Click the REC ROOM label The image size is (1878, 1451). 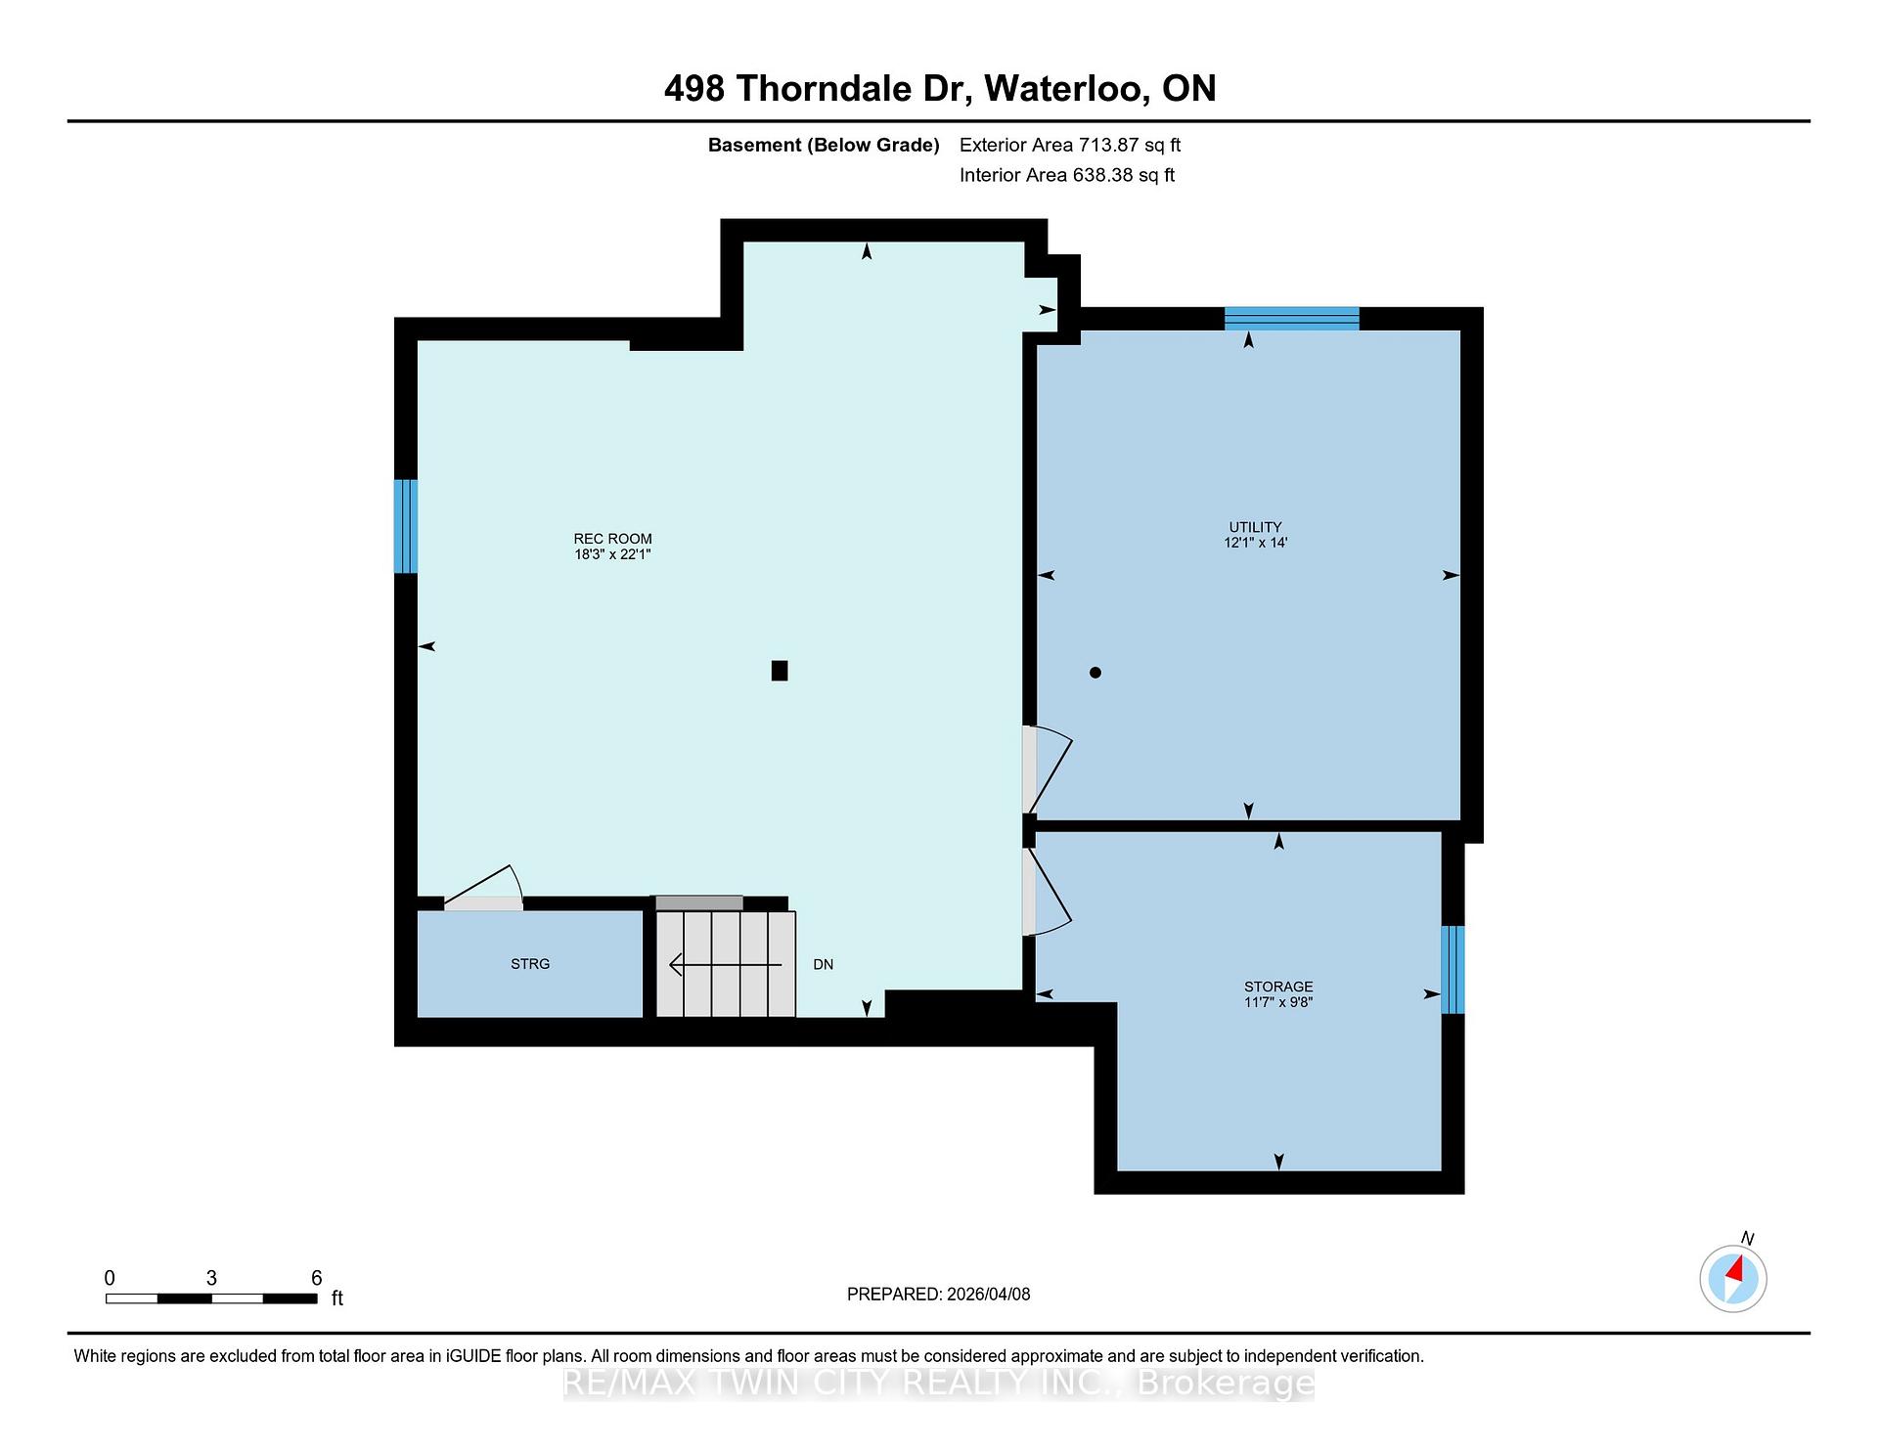612,539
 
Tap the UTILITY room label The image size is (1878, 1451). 1255,527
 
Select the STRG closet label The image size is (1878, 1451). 530,964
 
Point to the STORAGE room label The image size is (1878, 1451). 1278,987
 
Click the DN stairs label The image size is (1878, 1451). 823,964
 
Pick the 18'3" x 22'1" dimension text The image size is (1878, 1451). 612,554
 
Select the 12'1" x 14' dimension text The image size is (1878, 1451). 1255,543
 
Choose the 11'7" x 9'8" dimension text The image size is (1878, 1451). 1278,1002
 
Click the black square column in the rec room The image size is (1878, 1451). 780,671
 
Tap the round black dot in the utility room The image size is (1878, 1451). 1095,673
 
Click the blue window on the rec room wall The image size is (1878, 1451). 406,526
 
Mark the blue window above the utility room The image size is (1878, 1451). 1292,319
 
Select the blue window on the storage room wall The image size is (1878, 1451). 1453,970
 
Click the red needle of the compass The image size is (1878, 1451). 1736,1270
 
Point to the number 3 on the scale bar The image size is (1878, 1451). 211,1278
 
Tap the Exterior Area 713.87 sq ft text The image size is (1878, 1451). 1070,145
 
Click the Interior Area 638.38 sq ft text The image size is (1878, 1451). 1067,175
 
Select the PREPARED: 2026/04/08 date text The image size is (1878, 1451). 939,1295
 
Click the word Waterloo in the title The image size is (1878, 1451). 1066,89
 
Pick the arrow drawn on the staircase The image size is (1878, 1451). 726,965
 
